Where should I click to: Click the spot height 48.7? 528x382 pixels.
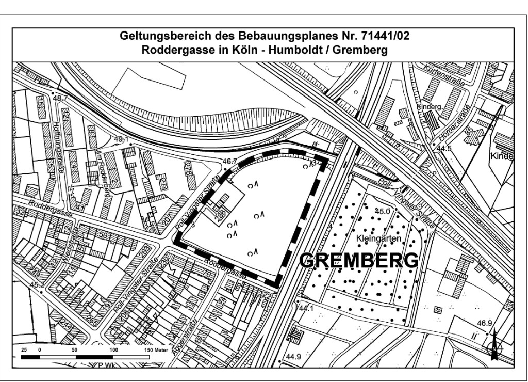tap(60, 98)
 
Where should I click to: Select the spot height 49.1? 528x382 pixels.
tap(121, 139)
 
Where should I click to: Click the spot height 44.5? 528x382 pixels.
tap(443, 149)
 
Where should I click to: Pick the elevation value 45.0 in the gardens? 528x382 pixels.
tap(383, 211)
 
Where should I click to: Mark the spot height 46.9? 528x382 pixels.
tap(484, 324)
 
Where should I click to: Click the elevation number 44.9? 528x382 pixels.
tap(293, 357)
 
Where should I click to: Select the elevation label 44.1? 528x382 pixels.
tap(306, 308)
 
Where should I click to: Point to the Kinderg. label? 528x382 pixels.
tap(434, 107)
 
